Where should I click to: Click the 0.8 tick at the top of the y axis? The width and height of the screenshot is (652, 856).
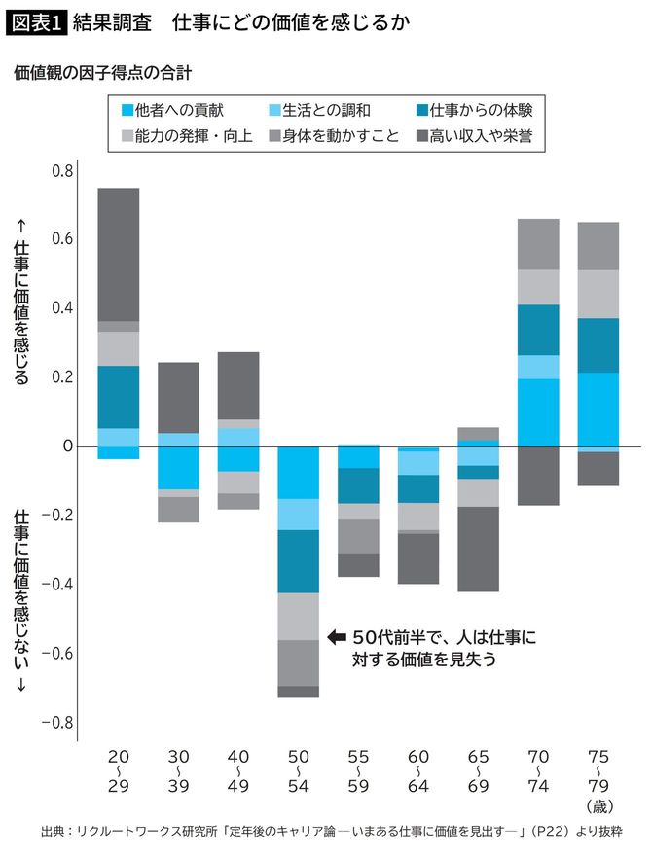(x=61, y=171)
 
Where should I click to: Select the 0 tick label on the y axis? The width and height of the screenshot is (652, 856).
(x=67, y=446)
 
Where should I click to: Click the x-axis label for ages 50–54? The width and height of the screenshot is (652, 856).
(x=299, y=768)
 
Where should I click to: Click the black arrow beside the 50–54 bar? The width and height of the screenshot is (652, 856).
(x=337, y=638)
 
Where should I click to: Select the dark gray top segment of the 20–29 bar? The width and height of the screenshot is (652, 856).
(x=119, y=254)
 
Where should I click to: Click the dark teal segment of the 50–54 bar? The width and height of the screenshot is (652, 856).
(x=299, y=561)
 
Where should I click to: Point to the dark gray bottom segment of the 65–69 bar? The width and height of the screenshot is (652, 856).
(x=479, y=549)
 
